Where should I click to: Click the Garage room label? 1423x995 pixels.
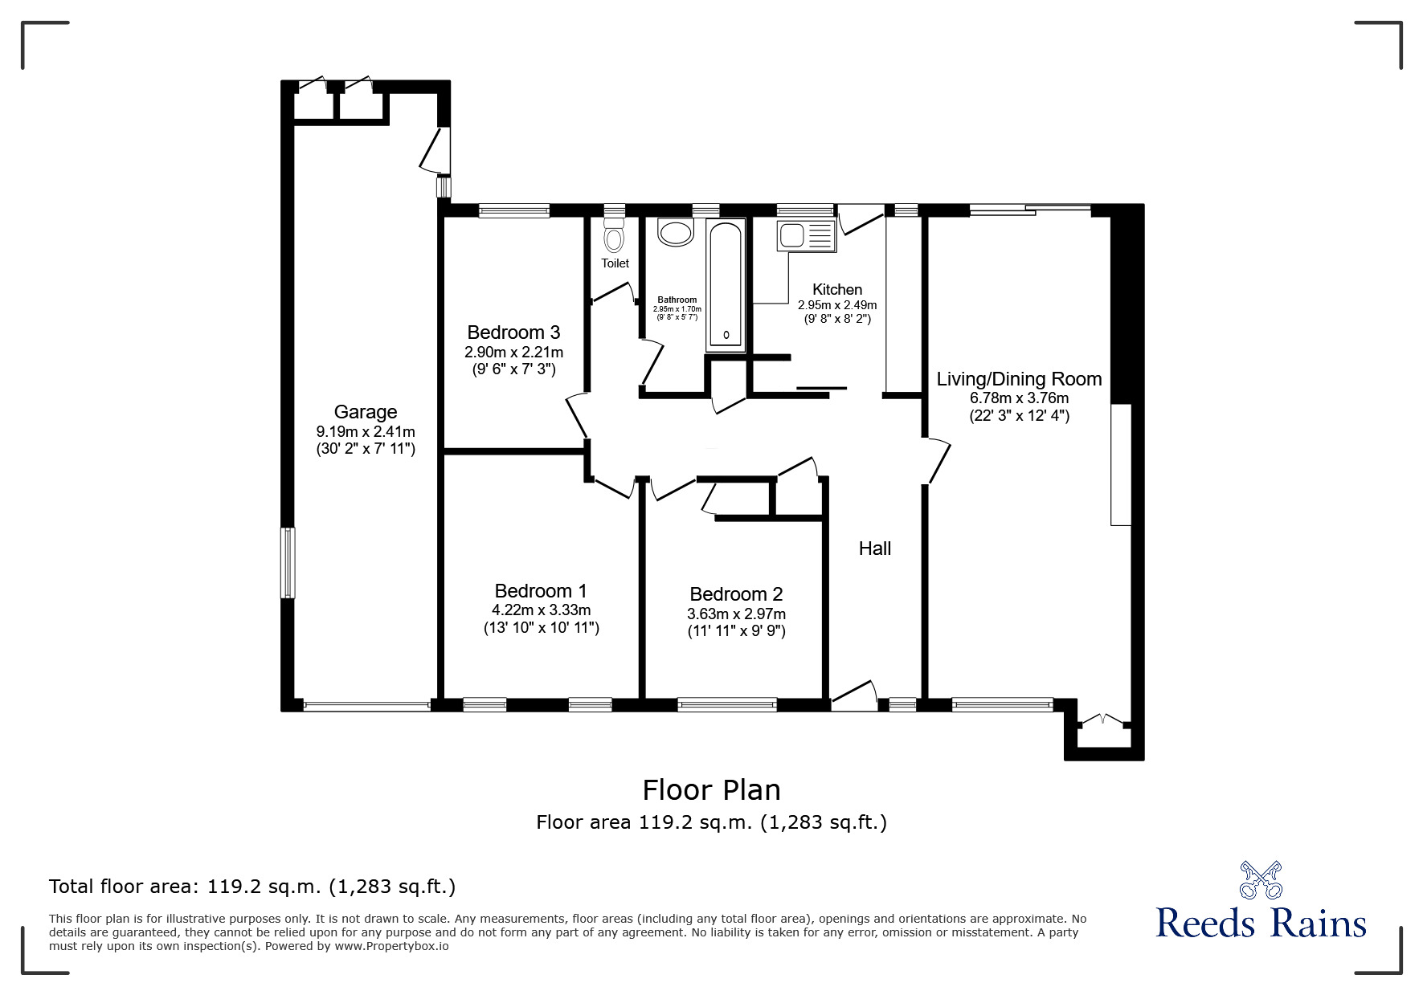(x=365, y=412)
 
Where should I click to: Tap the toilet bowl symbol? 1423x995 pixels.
(x=615, y=239)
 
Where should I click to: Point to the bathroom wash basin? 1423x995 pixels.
(x=675, y=234)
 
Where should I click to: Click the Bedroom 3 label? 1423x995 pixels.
(x=513, y=332)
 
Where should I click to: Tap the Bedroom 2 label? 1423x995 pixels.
(x=736, y=594)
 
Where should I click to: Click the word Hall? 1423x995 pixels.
(x=874, y=548)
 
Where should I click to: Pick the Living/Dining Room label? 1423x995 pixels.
(x=1019, y=379)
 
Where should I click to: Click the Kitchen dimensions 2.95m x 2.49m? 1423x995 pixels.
(x=836, y=305)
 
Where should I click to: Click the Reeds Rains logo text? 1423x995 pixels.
(x=1261, y=924)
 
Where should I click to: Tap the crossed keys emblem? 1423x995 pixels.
(x=1261, y=879)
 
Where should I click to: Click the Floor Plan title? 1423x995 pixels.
(x=711, y=790)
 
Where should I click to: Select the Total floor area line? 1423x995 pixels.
(x=252, y=887)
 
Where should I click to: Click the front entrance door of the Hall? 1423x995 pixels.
(x=854, y=695)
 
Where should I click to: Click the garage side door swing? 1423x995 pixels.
(x=433, y=151)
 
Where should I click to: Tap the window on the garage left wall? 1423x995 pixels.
(x=288, y=562)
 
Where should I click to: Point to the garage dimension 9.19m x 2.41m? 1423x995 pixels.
(x=365, y=432)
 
